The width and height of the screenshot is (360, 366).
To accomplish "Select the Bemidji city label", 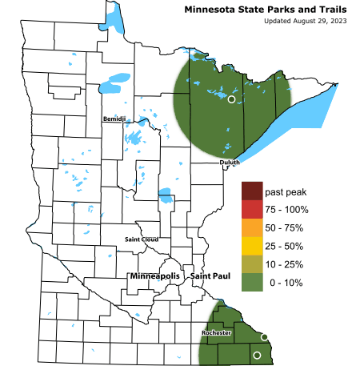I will [114, 119].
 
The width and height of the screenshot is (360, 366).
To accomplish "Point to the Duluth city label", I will [230, 163].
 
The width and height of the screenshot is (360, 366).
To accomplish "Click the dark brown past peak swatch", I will [252, 191].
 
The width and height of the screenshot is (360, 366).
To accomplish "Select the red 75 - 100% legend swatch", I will [252, 210].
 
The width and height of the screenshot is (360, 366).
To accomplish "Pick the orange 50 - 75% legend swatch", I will [252, 228].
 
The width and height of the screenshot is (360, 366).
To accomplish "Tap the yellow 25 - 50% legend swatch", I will [252, 247].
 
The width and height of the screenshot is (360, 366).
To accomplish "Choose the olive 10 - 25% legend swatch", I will [252, 264].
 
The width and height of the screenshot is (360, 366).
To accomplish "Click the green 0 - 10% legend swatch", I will [252, 283].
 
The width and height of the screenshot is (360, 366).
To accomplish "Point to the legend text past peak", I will [287, 192].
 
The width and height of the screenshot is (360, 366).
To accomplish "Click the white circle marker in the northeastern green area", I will [231, 99].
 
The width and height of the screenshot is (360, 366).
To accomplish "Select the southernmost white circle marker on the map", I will [257, 355].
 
